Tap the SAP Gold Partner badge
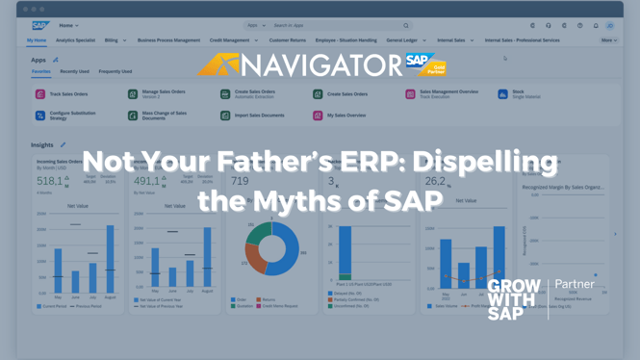pos(425,64)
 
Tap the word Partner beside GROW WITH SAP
pos(575,284)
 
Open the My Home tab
pos(37,40)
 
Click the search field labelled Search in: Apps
pos(337,26)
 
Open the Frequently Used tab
pos(115,71)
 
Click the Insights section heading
pos(42,145)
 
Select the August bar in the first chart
pos(110,259)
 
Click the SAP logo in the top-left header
pos(39,26)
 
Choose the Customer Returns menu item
pos(287,40)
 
